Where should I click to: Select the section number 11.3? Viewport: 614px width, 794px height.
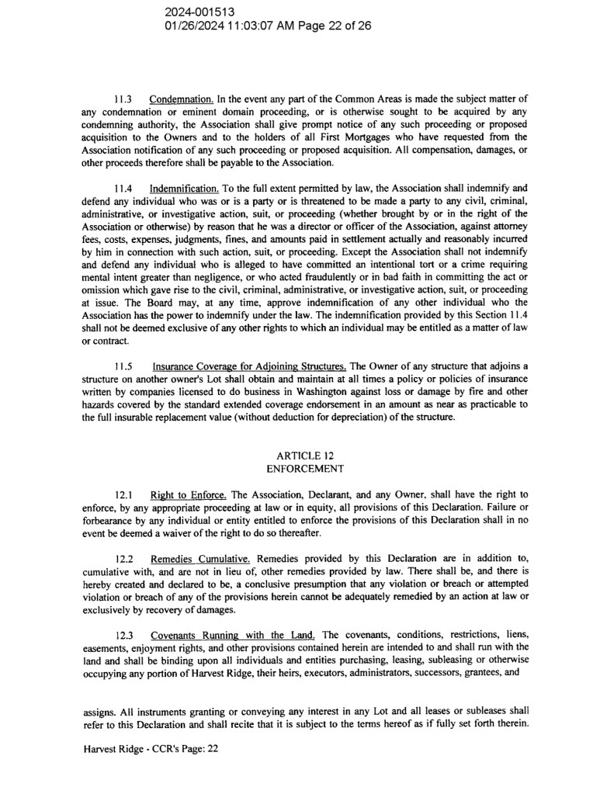[x=123, y=99]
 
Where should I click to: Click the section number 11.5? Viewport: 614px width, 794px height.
[x=123, y=366]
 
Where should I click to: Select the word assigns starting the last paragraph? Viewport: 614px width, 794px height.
[x=97, y=710]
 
